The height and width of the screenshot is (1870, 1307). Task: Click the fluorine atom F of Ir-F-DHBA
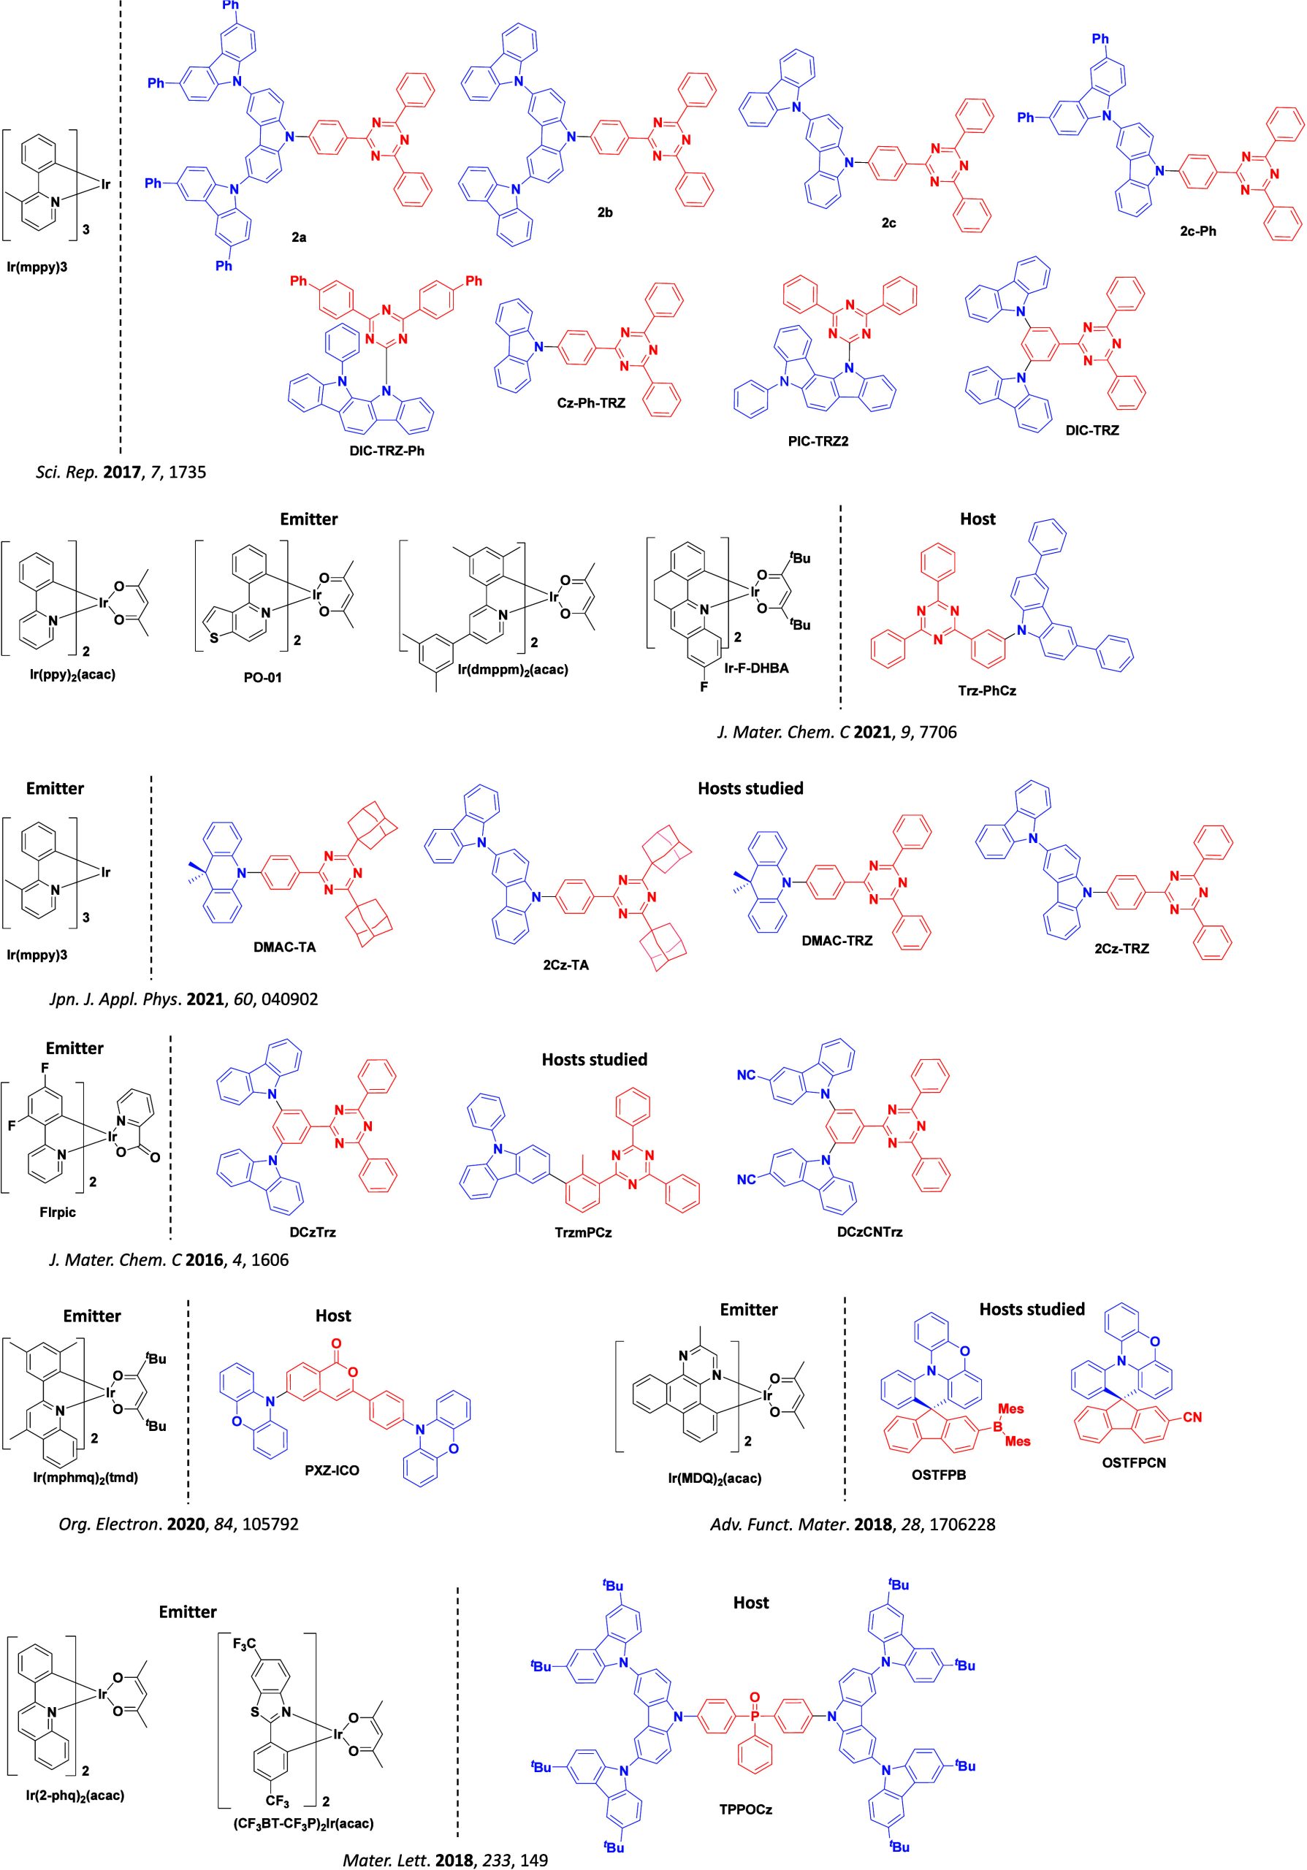(704, 688)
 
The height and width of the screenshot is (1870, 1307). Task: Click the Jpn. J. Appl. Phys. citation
(184, 999)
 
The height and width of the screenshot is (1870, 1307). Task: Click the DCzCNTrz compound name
(872, 1232)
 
